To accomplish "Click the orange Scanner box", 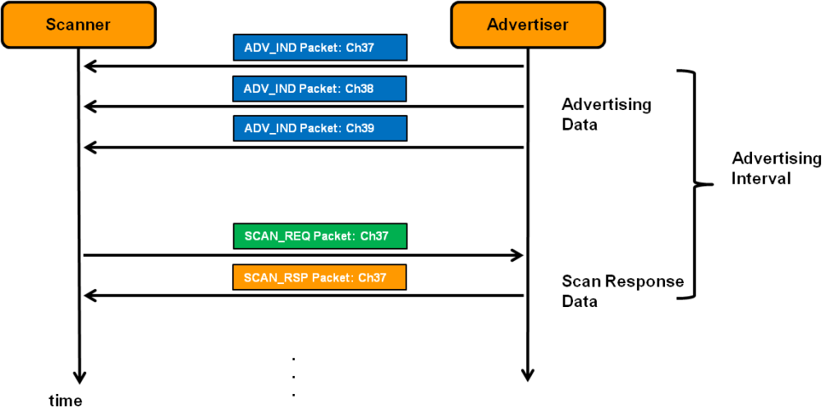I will [x=78, y=25].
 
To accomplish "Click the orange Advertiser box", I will [x=527, y=25].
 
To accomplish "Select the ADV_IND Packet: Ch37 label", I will [x=320, y=48].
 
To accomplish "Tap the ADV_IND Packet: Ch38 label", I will [x=320, y=88].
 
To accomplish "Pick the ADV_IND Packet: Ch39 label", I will [x=320, y=129].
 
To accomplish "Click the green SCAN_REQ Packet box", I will [x=320, y=236].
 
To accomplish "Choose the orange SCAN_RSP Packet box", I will [x=320, y=277].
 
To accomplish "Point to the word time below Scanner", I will [x=66, y=401].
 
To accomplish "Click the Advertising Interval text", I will [x=776, y=168].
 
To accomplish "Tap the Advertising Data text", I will [x=606, y=115].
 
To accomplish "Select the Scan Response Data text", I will [x=621, y=291].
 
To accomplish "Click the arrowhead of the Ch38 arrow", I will [x=89, y=107].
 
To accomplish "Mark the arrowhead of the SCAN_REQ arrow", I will [x=517, y=255].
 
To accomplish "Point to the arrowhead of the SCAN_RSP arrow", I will [x=89, y=296].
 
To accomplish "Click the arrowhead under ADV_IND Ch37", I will [x=89, y=66].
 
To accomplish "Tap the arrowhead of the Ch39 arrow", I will [x=89, y=148].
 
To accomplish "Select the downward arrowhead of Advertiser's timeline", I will [x=527, y=375].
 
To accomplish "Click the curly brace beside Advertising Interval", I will [x=695, y=185].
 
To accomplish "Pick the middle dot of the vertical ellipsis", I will [x=293, y=378].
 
